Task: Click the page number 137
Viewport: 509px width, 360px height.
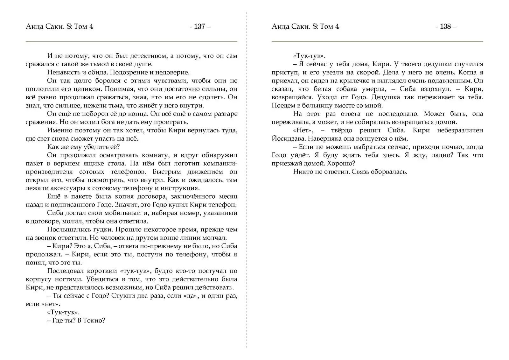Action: point(199,26)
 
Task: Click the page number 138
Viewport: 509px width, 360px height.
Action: point(445,26)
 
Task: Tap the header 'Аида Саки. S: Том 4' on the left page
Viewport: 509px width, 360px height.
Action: point(59,26)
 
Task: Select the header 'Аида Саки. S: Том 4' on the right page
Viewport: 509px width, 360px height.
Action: point(305,26)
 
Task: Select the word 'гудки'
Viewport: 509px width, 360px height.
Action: point(102,230)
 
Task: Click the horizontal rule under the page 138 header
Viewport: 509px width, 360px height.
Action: point(377,41)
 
